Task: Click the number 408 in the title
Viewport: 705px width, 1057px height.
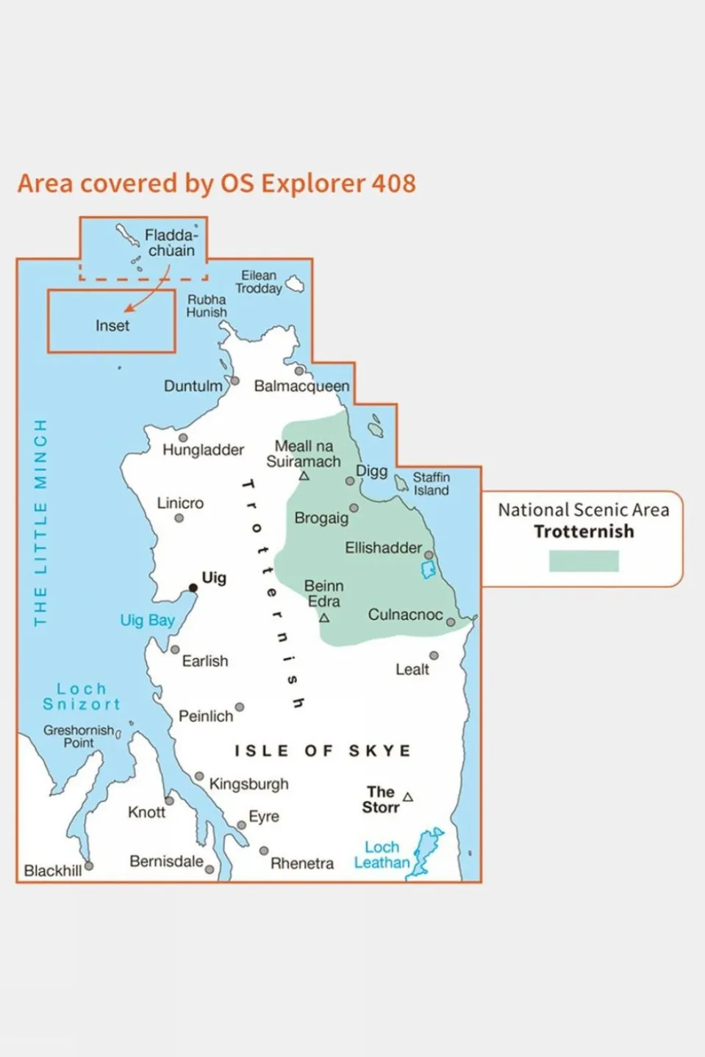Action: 393,184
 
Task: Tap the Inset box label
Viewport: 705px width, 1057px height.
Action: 112,325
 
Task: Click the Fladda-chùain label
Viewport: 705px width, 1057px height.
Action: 171,243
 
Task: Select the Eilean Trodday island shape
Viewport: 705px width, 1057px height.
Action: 295,284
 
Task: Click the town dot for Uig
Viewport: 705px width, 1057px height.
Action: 193,588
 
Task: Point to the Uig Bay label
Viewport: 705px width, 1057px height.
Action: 148,621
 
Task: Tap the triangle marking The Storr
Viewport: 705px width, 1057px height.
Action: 408,798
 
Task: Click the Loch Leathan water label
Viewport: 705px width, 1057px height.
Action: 382,855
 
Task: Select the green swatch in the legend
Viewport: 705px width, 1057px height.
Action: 584,561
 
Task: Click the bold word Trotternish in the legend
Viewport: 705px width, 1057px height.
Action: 584,532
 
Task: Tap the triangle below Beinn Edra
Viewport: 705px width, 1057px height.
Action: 324,618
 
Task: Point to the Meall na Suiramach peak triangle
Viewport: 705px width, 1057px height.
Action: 304,476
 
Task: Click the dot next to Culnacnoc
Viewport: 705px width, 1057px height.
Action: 451,622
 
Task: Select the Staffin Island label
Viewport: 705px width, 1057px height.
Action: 431,484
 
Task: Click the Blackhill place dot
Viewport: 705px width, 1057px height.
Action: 89,866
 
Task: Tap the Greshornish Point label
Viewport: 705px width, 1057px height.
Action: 79,736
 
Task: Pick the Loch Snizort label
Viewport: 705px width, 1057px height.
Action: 82,696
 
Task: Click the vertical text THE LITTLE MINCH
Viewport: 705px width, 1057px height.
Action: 40,523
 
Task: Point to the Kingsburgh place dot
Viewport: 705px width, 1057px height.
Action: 199,776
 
